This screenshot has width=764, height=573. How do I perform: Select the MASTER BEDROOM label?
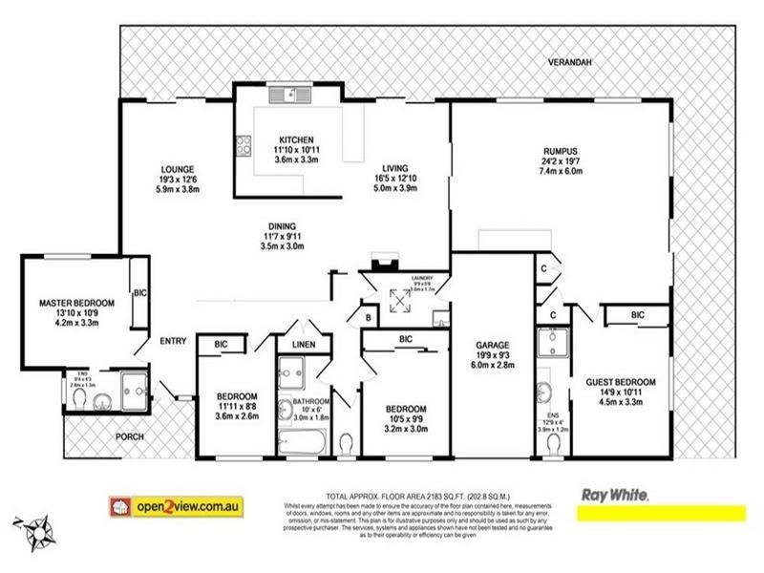point(76,304)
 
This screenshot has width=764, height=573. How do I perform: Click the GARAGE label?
point(493,345)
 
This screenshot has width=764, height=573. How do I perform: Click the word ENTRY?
point(174,342)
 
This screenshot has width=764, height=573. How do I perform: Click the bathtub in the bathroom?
point(303,441)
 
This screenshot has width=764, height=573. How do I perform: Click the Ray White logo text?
point(616,496)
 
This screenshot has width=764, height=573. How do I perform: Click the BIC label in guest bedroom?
point(637,314)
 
